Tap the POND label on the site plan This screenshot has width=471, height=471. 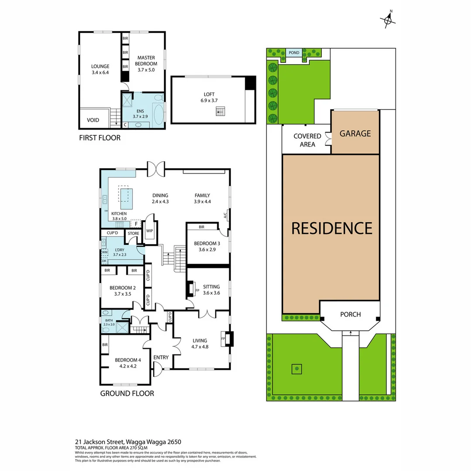coord(294,53)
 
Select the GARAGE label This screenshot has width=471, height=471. coord(355,133)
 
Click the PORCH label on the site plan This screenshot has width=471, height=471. coord(350,314)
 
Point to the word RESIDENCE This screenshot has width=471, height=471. coord(331,228)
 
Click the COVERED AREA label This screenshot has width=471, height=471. coord(307,140)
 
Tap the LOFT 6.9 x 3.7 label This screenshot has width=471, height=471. coord(209,97)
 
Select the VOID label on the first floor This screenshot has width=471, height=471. coord(93,120)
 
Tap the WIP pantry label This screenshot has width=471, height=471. coord(150,231)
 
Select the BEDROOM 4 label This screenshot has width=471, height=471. coord(128,363)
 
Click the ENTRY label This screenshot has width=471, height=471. coord(161,358)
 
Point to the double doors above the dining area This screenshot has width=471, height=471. coord(156,168)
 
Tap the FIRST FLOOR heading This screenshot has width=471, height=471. coord(99,138)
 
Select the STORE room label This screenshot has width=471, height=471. coord(133,233)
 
